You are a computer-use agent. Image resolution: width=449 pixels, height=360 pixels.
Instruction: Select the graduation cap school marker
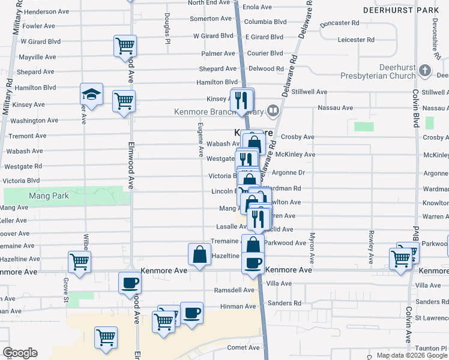[91, 94]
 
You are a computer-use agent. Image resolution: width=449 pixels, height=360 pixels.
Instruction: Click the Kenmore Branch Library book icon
[273, 110]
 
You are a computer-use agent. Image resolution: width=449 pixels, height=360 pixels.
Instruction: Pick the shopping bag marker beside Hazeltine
[199, 254]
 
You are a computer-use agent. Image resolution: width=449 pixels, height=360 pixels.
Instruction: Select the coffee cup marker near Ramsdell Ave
[129, 283]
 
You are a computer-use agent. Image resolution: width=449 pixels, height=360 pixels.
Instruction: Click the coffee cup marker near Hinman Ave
[192, 313]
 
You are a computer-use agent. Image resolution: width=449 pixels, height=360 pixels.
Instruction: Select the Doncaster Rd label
[340, 23]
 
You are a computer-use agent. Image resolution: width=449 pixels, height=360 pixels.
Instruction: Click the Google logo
[20, 353]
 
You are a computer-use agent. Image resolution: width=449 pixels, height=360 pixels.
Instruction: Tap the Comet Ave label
[243, 347]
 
